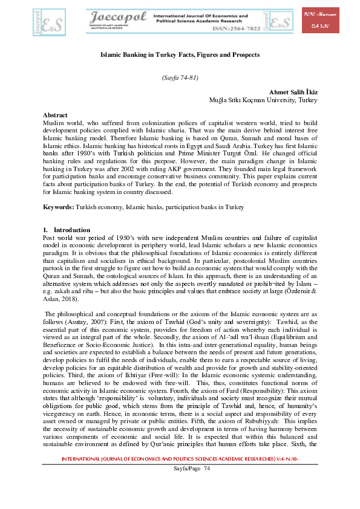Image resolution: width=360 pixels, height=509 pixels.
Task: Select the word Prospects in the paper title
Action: point(244,54)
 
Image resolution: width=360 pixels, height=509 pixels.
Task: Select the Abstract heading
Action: point(55,115)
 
